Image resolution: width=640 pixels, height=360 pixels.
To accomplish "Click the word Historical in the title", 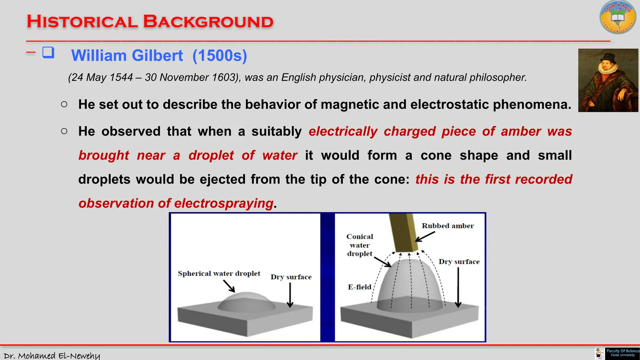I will pyautogui.click(x=82, y=22).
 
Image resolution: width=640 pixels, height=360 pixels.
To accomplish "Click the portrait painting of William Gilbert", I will pyautogui.click(x=608, y=80).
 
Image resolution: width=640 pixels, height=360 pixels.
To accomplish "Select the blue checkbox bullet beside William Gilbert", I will pyautogui.click(x=48, y=52).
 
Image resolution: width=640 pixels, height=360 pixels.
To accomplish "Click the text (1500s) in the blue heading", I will pyautogui.click(x=220, y=56).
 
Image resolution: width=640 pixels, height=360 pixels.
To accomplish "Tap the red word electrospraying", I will pyautogui.click(x=223, y=203).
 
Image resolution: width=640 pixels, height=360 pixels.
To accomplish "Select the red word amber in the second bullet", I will pyautogui.click(x=521, y=131).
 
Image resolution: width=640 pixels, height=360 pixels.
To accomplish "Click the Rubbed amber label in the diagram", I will pyautogui.click(x=447, y=226).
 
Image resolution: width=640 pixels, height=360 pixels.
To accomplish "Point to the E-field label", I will pyautogui.click(x=359, y=287).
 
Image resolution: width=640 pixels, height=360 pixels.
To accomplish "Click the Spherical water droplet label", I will pyautogui.click(x=219, y=274).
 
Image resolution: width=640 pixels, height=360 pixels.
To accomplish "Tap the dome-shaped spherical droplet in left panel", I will pyautogui.click(x=247, y=302).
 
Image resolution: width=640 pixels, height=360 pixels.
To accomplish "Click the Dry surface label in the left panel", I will pyautogui.click(x=291, y=277).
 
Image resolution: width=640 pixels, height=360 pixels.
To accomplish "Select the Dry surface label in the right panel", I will pyautogui.click(x=459, y=262).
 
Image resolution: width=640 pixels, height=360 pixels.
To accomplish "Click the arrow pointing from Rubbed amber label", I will pyautogui.click(x=425, y=237).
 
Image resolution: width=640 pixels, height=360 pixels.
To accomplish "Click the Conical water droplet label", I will pyautogui.click(x=360, y=245).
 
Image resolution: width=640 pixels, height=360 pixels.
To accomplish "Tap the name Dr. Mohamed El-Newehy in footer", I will pyautogui.click(x=52, y=356).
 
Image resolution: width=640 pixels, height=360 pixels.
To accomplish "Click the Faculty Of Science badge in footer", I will pyautogui.click(x=622, y=353).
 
